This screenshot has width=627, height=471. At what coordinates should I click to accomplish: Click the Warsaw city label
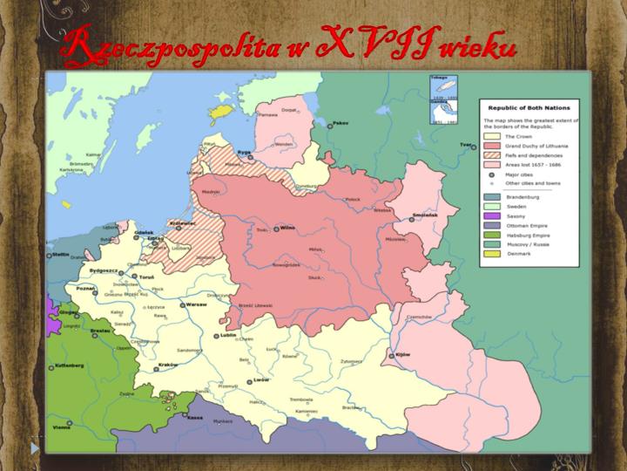click(195, 305)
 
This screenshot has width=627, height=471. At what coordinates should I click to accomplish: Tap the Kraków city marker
click(156, 369)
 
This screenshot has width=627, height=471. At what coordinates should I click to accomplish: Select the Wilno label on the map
click(288, 229)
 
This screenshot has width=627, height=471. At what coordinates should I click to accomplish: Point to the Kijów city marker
click(392, 355)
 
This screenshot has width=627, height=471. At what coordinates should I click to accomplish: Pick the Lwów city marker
click(248, 381)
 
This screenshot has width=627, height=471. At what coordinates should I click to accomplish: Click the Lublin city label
click(229, 335)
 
